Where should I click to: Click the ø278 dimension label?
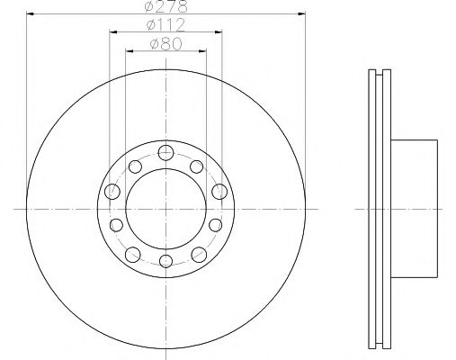165,8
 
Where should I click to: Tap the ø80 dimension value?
165,43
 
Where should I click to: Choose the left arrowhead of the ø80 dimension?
127,51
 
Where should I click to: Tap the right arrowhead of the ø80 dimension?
205,51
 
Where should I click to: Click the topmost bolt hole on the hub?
165,152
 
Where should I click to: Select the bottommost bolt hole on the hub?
165,264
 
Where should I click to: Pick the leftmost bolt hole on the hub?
112,191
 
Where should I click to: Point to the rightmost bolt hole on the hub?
219,191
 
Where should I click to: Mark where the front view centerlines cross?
165,208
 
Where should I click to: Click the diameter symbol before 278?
149,8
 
